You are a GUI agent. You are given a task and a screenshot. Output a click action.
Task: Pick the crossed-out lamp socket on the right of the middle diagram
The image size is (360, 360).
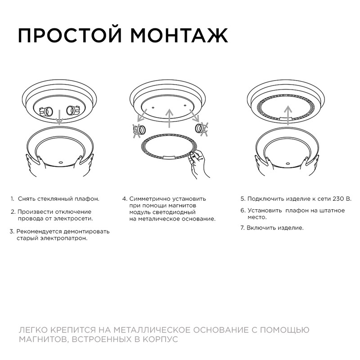[201, 129]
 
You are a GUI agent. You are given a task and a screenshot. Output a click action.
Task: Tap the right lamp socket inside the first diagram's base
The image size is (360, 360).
[72, 110]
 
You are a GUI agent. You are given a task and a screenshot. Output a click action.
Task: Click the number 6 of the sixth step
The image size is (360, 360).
[242, 210]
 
